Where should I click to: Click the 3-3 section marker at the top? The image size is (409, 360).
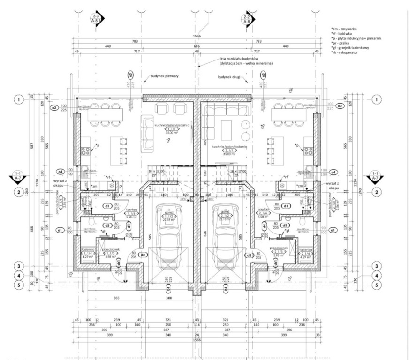[97, 19]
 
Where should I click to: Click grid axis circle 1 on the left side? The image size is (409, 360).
[19, 99]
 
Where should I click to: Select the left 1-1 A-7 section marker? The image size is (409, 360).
[19, 176]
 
